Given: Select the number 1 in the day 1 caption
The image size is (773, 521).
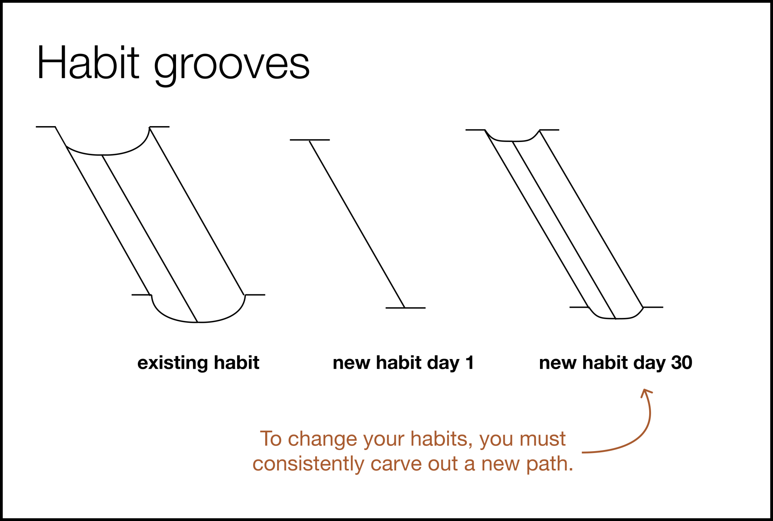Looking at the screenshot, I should click(469, 363).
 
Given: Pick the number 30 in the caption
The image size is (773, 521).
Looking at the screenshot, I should click(682, 363).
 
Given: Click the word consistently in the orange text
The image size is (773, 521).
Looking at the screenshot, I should click(308, 464).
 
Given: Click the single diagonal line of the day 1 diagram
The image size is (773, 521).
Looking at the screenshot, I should click(357, 224).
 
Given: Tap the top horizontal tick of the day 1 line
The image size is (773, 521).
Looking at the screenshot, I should click(310, 140).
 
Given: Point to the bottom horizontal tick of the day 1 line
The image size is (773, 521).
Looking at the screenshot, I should click(405, 308).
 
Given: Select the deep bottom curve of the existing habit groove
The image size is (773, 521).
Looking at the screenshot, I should click(198, 322).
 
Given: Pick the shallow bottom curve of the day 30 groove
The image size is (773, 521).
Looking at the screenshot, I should click(616, 318).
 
